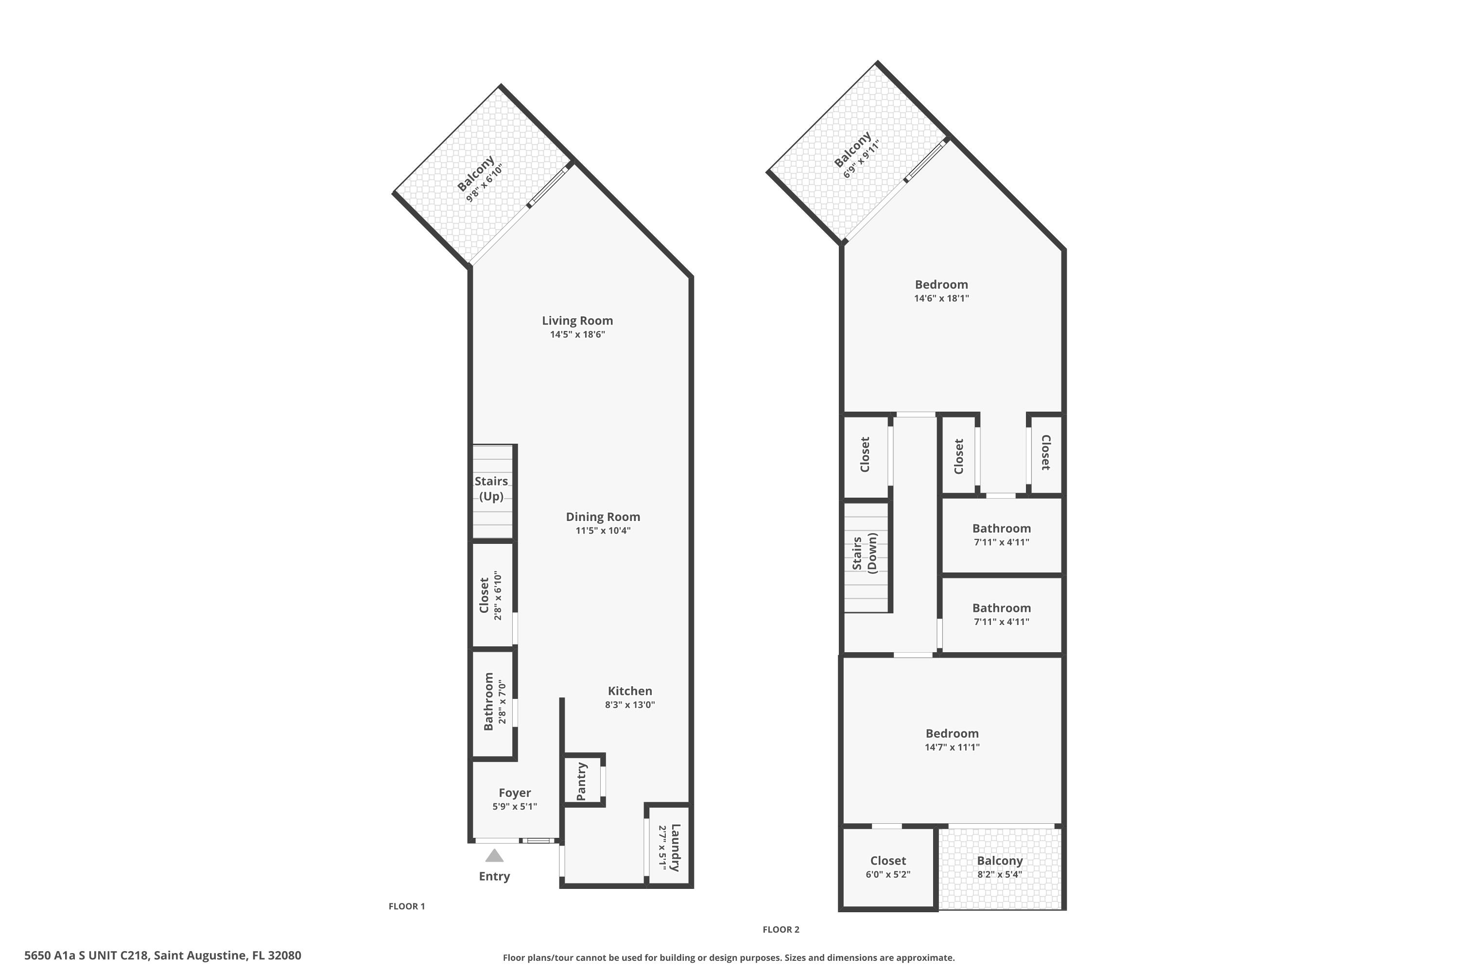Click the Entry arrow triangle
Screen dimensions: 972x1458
tap(494, 856)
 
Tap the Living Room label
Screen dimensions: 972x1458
tap(577, 320)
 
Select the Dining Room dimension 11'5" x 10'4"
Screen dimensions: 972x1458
tap(603, 531)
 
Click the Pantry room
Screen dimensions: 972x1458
tap(582, 781)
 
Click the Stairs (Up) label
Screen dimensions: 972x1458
tap(491, 488)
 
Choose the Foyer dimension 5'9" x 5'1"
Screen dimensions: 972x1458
tap(515, 806)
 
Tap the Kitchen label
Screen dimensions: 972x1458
tap(629, 691)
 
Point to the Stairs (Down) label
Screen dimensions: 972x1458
tap(865, 553)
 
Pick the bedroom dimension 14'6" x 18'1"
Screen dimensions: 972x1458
tap(941, 298)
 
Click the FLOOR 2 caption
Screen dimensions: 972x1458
tap(781, 929)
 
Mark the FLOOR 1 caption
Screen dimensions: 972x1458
tap(407, 906)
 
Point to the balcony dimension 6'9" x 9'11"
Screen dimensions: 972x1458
tap(862, 159)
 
